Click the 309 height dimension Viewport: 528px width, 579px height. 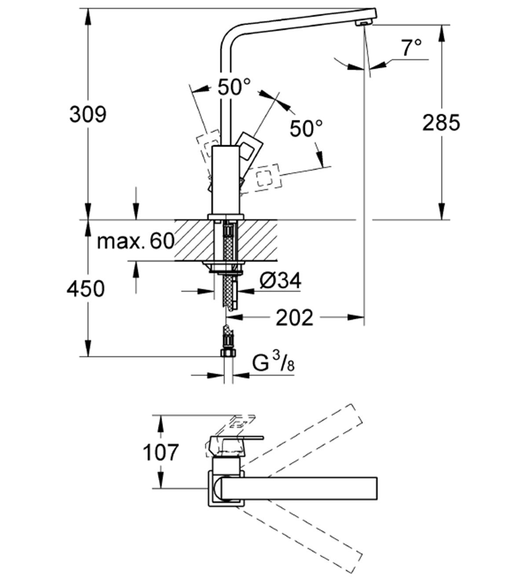pyautogui.click(x=88, y=115)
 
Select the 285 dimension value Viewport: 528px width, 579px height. pyautogui.click(x=441, y=123)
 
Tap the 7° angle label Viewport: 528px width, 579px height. pyautogui.click(x=411, y=47)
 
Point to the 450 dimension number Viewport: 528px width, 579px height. pyautogui.click(x=86, y=289)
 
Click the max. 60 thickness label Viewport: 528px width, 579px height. pyautogui.click(x=136, y=241)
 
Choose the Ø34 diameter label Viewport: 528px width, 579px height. pyautogui.click(x=280, y=281)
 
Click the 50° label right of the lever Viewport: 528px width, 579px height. pyautogui.click(x=306, y=128)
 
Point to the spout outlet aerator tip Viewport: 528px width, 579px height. pyautogui.click(x=363, y=23)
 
